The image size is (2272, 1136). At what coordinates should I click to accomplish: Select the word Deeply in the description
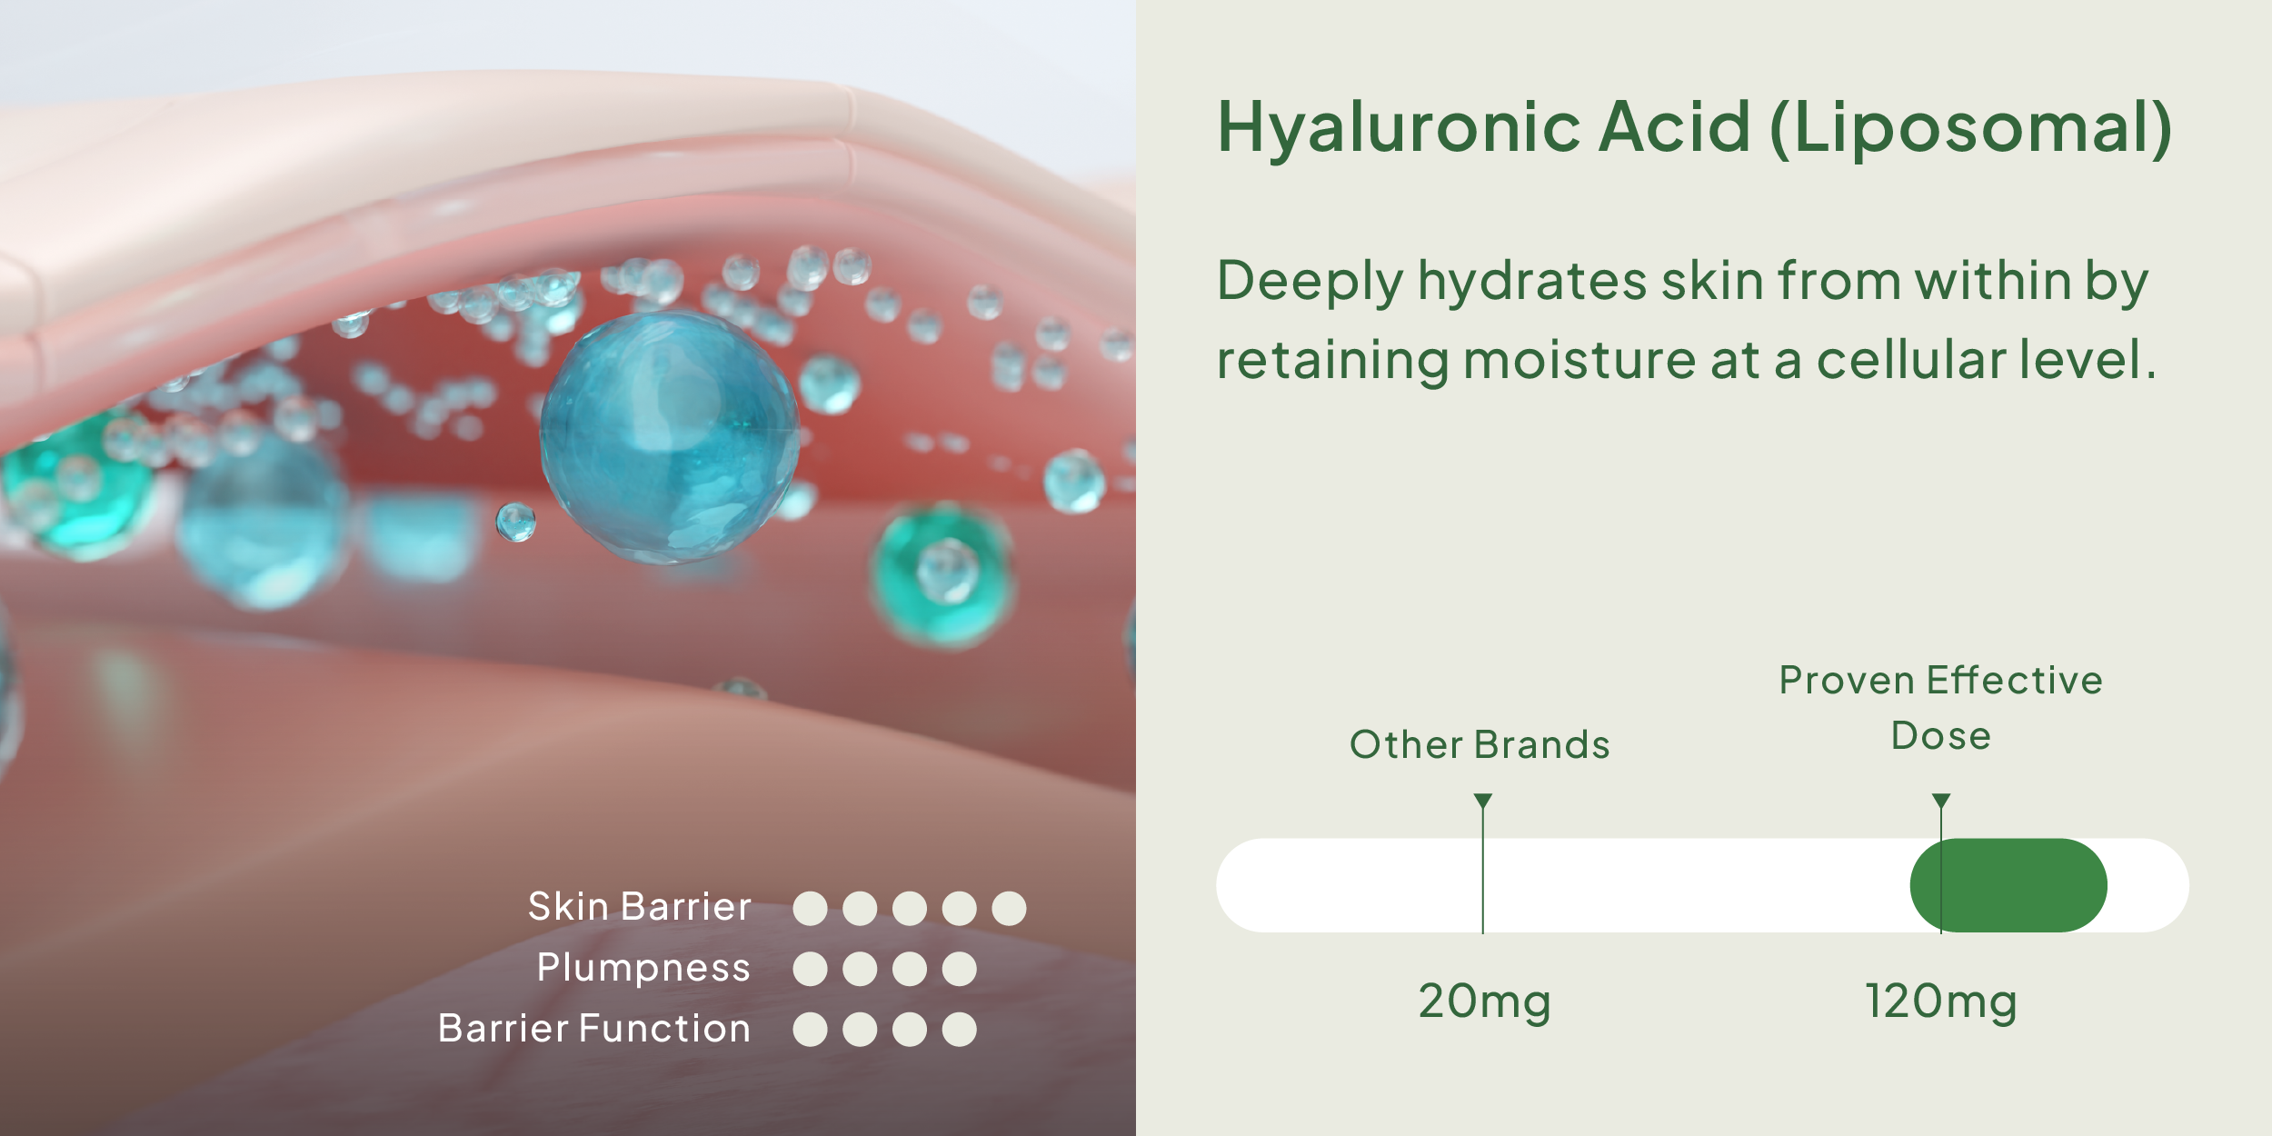(1310, 282)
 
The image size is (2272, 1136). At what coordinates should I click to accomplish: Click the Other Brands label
(1480, 744)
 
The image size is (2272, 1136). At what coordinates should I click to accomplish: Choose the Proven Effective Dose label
(1940, 708)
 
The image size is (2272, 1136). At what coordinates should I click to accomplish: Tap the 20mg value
(1484, 1001)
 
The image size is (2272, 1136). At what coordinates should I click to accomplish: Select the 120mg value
(1940, 1001)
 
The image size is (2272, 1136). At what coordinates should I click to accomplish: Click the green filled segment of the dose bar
(2008, 885)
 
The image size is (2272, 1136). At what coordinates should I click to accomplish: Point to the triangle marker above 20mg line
(1483, 800)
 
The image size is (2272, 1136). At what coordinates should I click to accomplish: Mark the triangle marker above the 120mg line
(1941, 800)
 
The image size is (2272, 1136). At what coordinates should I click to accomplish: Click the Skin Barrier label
(640, 906)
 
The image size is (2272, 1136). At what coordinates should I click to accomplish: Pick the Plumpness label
(643, 968)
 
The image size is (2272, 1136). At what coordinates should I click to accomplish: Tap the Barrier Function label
(594, 1028)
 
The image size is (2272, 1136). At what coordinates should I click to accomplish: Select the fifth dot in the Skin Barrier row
(1009, 908)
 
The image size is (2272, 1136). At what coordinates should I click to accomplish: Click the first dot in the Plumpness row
(810, 969)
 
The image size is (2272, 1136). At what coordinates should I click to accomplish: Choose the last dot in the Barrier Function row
(959, 1030)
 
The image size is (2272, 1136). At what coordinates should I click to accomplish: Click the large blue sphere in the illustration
(670, 438)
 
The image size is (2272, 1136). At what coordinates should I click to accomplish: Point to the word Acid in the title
(1674, 127)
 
